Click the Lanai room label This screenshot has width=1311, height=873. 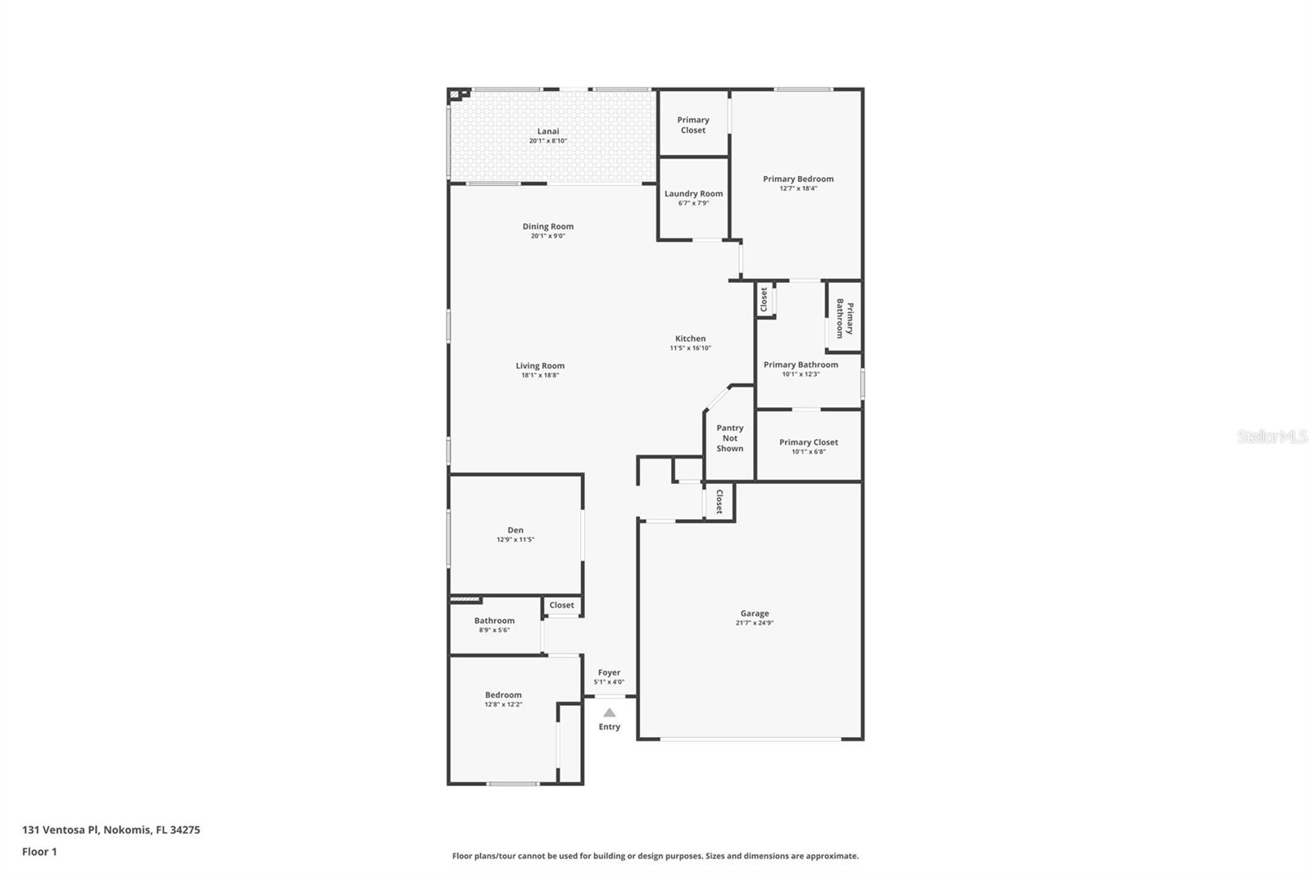click(x=548, y=131)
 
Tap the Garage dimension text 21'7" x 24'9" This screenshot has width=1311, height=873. click(x=755, y=623)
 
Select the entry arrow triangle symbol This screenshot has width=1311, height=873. click(x=609, y=712)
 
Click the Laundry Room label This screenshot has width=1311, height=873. click(x=693, y=194)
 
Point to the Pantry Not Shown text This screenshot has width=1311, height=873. click(x=729, y=438)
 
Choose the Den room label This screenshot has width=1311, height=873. click(x=515, y=530)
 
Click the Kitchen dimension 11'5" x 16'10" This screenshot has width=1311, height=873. click(x=690, y=348)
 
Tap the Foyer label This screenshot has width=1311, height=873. click(x=609, y=672)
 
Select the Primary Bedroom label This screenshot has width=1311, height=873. click(x=798, y=179)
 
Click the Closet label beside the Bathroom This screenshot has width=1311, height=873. click(x=561, y=605)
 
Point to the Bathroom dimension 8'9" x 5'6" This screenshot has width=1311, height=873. click(x=494, y=630)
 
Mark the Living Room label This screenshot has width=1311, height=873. click(x=540, y=366)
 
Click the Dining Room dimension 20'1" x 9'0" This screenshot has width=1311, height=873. click(x=548, y=236)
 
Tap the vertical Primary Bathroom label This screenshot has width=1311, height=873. click(x=845, y=319)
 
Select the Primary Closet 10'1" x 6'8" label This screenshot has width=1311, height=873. click(x=808, y=446)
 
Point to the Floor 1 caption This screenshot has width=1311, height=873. click(x=39, y=852)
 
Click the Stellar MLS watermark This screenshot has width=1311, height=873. click(x=1272, y=436)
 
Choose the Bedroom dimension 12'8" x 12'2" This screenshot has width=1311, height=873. click(x=503, y=704)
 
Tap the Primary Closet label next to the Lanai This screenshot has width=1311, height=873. click(x=692, y=124)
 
